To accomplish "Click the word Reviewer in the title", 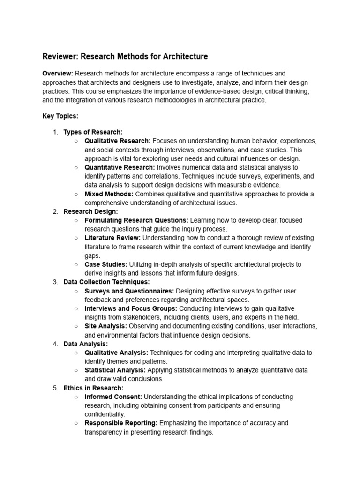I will pyautogui.click(x=60, y=57).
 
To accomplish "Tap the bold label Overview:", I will pyautogui.click(x=58, y=74).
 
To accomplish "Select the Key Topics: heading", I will pyautogui.click(x=60, y=116).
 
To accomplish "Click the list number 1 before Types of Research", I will pyautogui.click(x=55, y=132).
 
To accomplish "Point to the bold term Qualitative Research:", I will pyautogui.click(x=118, y=141).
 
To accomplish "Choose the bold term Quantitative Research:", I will pyautogui.click(x=120, y=167).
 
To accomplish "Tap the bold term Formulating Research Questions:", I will pyautogui.click(x=136, y=220).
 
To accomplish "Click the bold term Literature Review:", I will pyautogui.click(x=112, y=238).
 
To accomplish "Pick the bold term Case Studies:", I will pyautogui.click(x=106, y=264).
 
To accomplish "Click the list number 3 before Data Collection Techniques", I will pyautogui.click(x=55, y=282).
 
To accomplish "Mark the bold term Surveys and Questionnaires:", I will pyautogui.click(x=129, y=291).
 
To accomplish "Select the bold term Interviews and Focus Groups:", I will pyautogui.click(x=131, y=308).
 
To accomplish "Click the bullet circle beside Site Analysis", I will pyautogui.click(x=76, y=326).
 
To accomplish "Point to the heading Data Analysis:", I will pyautogui.click(x=86, y=344).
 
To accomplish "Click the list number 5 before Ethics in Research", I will pyautogui.click(x=55, y=388).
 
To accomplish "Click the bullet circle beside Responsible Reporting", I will pyautogui.click(x=76, y=423).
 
